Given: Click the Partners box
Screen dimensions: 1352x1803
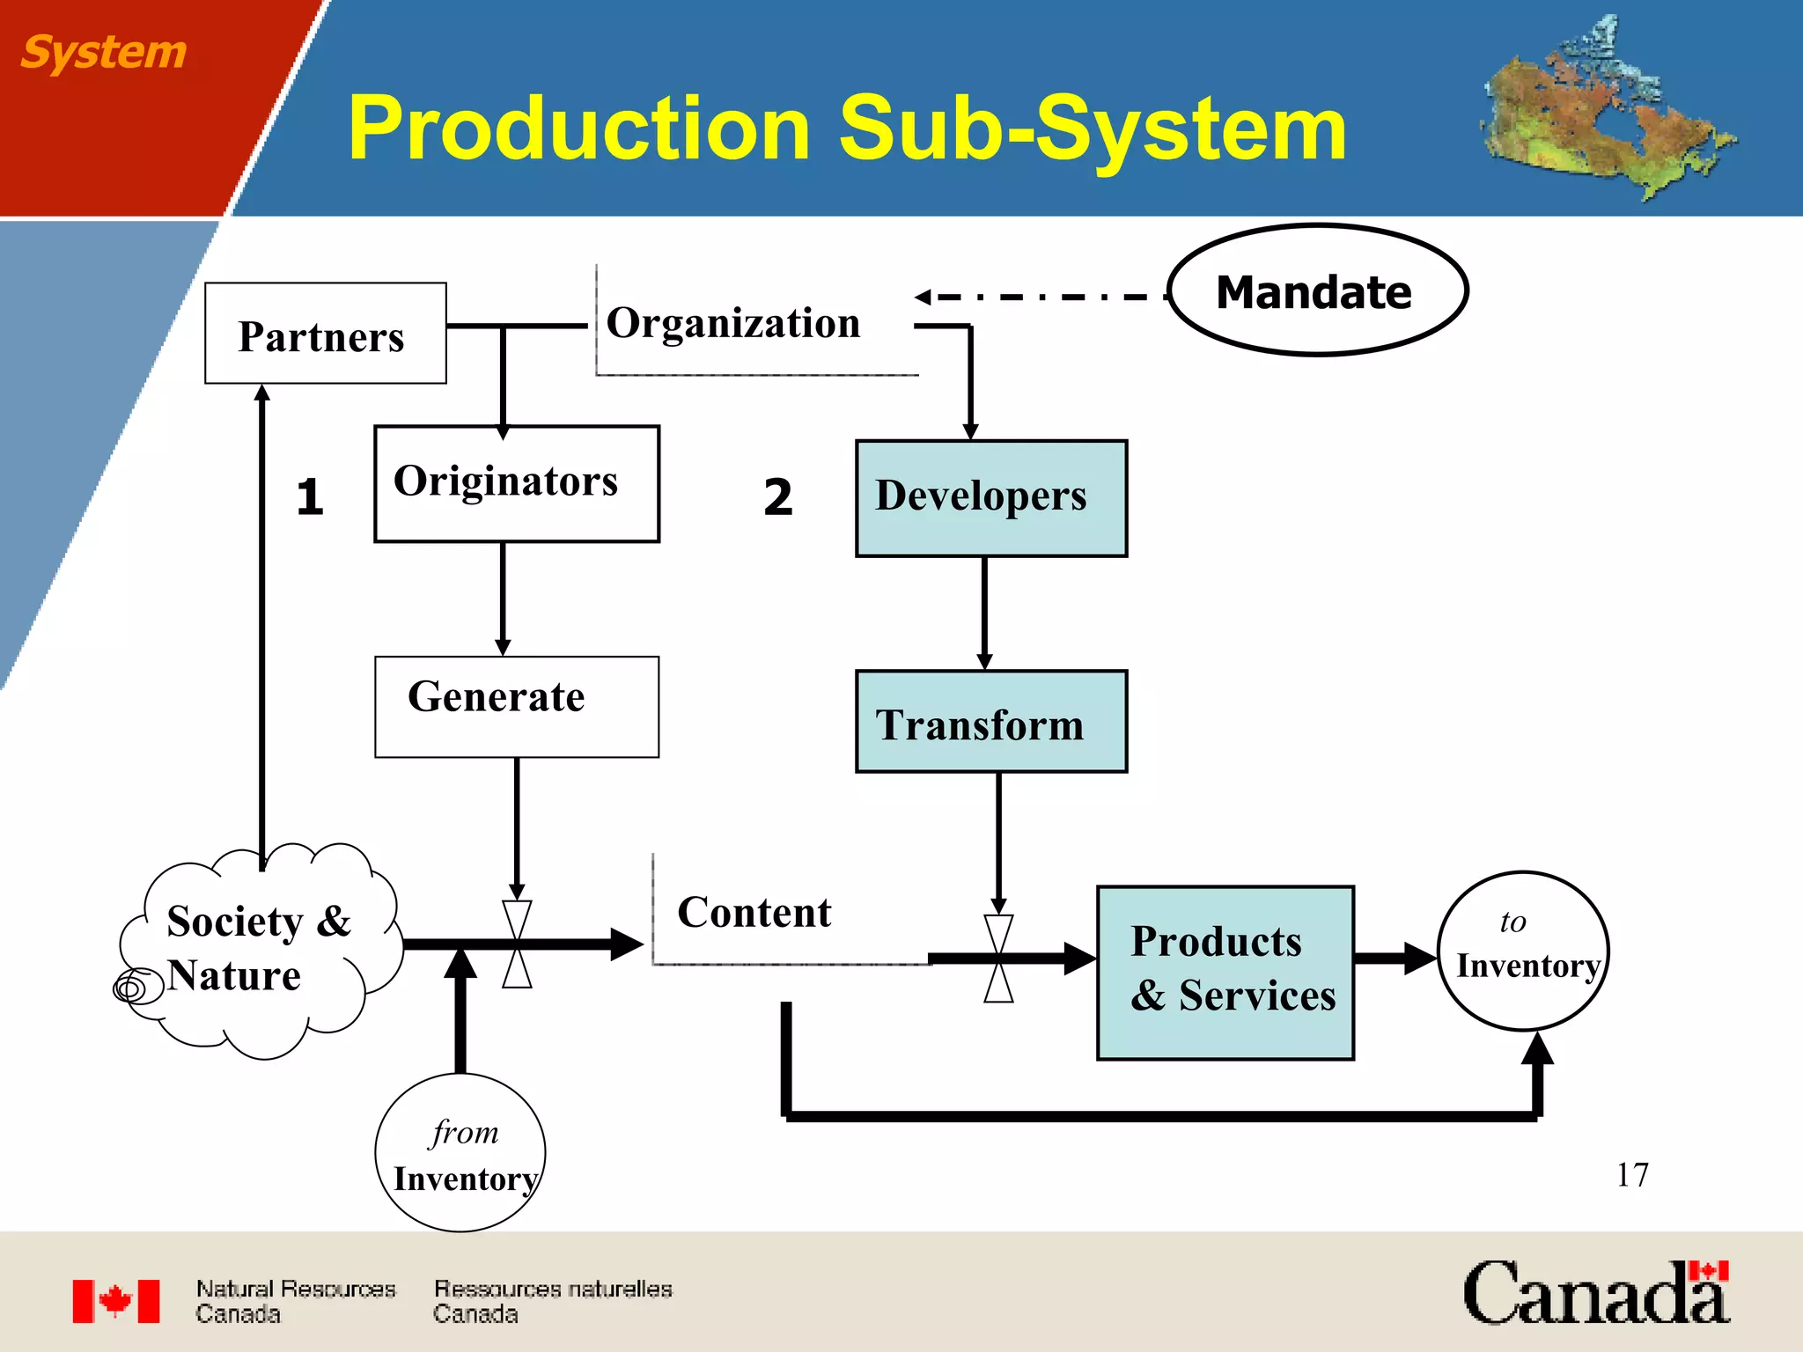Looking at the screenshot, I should click(325, 334).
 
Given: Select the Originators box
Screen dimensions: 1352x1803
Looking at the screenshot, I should click(516, 484).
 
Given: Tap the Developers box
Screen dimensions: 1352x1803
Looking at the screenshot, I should click(990, 498).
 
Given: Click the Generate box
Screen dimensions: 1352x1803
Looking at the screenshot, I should click(516, 707).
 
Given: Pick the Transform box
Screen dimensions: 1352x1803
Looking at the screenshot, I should click(990, 722).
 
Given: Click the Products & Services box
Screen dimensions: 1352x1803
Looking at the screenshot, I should click(1225, 973).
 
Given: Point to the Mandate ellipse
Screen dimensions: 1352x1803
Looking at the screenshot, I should click(1317, 290).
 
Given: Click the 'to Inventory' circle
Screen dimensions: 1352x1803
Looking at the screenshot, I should click(1523, 952).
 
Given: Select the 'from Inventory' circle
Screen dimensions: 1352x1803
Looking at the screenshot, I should click(460, 1153).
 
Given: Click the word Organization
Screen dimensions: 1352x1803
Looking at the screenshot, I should click(733, 323).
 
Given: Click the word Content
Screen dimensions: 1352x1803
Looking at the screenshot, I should click(754, 913).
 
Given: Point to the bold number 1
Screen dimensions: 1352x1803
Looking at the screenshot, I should click(310, 496).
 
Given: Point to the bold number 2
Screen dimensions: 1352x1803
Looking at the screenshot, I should click(777, 496).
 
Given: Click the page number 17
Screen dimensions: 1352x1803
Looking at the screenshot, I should click(1631, 1175).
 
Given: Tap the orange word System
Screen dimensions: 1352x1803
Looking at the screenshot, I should click(103, 52).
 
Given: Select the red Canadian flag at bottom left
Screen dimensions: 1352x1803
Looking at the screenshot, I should click(116, 1301).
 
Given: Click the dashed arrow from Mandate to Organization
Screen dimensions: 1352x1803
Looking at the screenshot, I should click(1039, 298).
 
